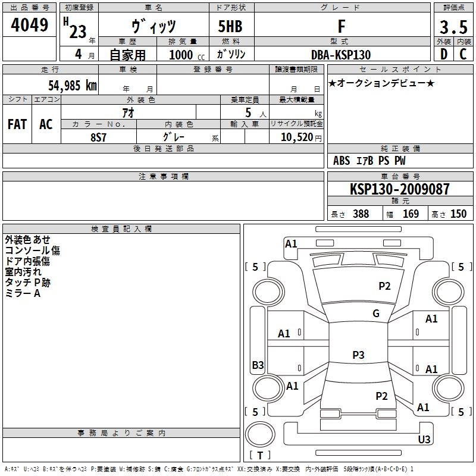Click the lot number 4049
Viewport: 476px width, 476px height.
coord(29,25)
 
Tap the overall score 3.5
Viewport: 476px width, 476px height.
coord(453,27)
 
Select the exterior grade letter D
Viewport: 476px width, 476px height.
coord(444,54)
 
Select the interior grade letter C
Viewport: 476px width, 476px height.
coord(463,54)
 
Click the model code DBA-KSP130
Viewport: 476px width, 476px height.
coord(341,55)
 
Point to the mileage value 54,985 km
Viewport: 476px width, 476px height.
coord(73,85)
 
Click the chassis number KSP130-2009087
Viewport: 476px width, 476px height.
coord(400,189)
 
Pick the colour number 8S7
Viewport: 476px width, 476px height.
coord(98,137)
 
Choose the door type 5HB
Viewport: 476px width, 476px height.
coord(230,26)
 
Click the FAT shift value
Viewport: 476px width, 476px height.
coord(17,124)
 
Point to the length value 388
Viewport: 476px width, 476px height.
coord(361,214)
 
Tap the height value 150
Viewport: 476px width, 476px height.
coord(458,214)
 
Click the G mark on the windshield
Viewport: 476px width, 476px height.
coord(376,313)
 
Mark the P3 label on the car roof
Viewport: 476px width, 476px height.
coord(358,355)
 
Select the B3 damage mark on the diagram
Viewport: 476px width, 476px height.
coord(258,365)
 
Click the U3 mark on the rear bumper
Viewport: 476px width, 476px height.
coord(424,439)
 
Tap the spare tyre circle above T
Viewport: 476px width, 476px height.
coord(260,434)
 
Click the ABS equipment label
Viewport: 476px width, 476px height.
coord(342,161)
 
